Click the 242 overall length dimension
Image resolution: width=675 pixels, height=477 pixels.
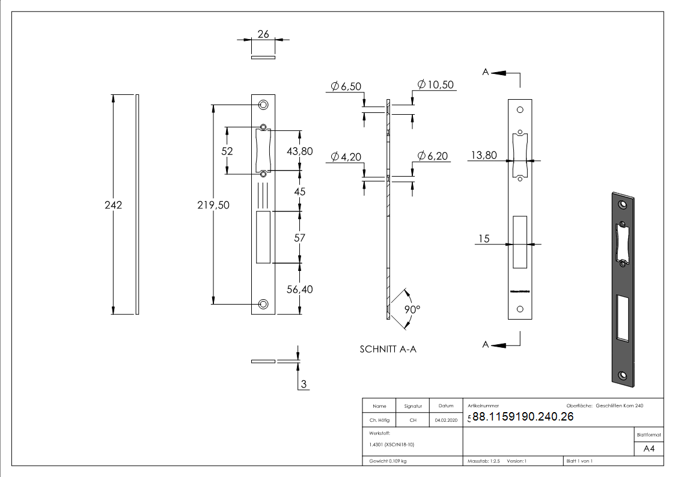coord(113,205)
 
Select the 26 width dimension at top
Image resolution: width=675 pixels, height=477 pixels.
coord(263,34)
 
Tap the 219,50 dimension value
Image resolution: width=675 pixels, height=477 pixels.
coord(213,205)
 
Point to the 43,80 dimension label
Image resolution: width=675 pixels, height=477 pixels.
coord(299,151)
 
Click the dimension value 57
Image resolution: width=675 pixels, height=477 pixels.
coord(299,238)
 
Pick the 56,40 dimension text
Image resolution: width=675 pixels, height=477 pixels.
coord(299,289)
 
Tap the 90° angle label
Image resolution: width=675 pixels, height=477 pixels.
coord(412,309)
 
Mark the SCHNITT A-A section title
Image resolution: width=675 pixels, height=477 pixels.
coord(388,349)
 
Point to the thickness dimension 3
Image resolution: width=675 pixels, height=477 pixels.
coord(304,384)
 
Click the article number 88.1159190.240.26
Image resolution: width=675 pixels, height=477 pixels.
coord(523,418)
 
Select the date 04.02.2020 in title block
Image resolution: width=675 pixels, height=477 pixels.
coord(445,421)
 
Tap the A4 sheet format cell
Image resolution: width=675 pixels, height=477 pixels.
coord(649,449)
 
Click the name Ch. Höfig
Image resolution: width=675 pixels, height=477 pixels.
coord(379,421)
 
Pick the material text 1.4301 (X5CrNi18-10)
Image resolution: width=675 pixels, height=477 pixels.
coord(391,445)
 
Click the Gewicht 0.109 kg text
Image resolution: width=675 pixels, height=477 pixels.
coord(388,461)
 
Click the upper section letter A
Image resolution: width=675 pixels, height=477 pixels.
coord(486,72)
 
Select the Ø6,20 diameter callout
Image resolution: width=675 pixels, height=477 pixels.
coord(433,156)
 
